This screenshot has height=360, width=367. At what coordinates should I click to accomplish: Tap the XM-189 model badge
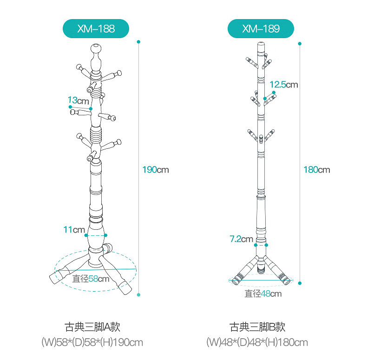(x=261, y=29)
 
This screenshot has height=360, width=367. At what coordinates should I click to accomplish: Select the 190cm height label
(x=155, y=170)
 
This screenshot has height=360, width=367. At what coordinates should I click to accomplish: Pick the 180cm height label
(x=316, y=170)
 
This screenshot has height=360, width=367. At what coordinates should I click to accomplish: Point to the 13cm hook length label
(x=78, y=100)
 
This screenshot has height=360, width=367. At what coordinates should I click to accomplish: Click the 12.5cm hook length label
(x=283, y=85)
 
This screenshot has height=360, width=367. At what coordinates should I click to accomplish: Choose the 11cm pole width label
(x=74, y=229)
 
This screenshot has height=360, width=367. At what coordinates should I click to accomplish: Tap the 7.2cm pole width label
(x=241, y=239)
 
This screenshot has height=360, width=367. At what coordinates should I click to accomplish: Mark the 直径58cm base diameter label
(x=91, y=279)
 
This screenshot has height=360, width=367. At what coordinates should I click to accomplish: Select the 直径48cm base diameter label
(x=263, y=294)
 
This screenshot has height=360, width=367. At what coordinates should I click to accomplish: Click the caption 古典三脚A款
(x=92, y=327)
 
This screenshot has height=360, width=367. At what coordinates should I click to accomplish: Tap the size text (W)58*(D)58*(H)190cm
(x=92, y=343)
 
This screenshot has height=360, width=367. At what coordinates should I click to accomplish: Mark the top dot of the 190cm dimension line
(x=139, y=41)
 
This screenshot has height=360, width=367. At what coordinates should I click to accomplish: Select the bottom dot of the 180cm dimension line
(x=300, y=282)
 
